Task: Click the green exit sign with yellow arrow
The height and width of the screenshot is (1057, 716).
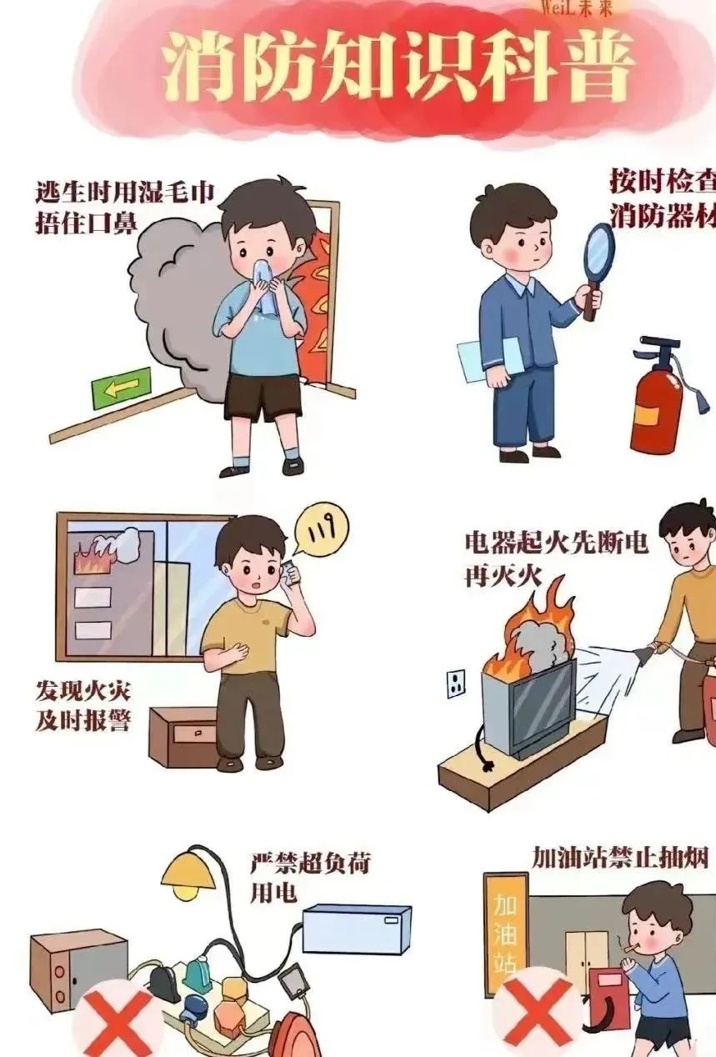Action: tap(122, 388)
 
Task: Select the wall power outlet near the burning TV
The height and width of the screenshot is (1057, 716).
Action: tap(456, 684)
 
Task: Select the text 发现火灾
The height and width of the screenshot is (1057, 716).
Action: tap(83, 691)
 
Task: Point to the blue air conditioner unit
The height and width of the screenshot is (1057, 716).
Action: tap(356, 929)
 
